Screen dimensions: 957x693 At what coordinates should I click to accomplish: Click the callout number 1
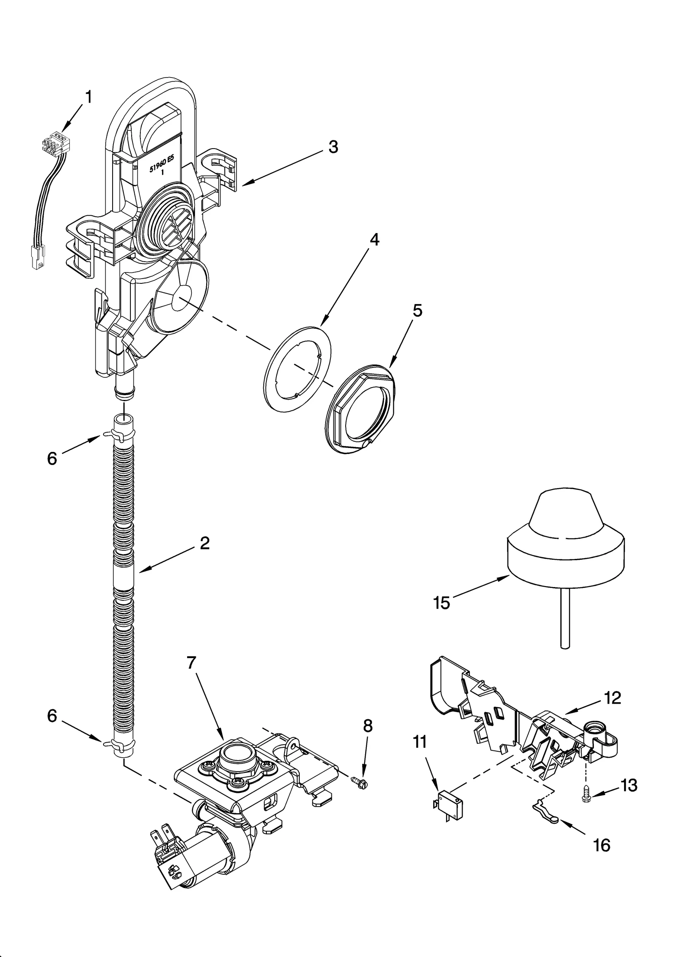[x=88, y=97]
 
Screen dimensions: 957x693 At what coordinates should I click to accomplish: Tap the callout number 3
[x=333, y=147]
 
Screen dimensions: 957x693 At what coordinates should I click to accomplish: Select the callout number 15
[x=442, y=603]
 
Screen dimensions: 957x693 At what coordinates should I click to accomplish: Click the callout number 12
[x=613, y=697]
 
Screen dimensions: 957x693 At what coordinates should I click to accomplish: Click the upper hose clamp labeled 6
[x=118, y=434]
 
